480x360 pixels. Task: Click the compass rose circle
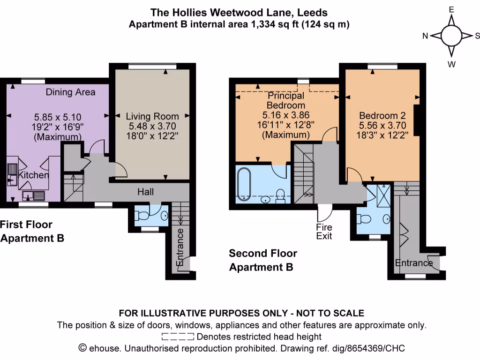pyautogui.click(x=452, y=36)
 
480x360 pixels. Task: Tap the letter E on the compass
pyautogui.click(x=451, y=9)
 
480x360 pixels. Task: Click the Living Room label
pyautogui.click(x=152, y=116)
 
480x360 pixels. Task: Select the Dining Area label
pyautogui.click(x=70, y=92)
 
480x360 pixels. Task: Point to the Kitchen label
pyautogui.click(x=33, y=175)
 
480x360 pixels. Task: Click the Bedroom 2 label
pyautogui.click(x=382, y=115)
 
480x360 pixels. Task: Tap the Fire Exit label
pyautogui.click(x=324, y=231)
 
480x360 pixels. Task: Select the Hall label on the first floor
pyautogui.click(x=145, y=192)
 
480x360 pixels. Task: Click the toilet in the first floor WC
pyautogui.click(x=143, y=216)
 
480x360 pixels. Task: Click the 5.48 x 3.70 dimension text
pyautogui.click(x=152, y=126)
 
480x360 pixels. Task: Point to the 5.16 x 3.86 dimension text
pyautogui.click(x=286, y=115)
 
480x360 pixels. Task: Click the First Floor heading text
pyautogui.click(x=26, y=225)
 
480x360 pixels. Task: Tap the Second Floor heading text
pyautogui.click(x=262, y=254)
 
